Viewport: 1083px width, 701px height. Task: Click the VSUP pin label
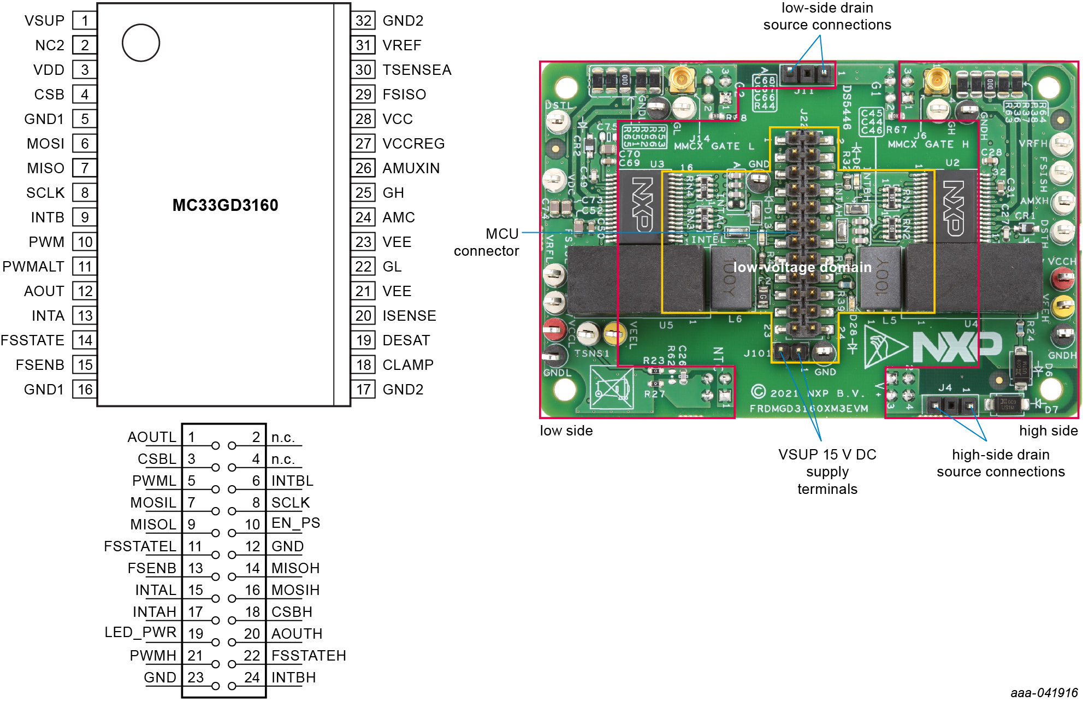[44, 21]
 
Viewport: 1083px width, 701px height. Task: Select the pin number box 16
[85, 390]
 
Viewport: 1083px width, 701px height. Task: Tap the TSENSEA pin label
[417, 70]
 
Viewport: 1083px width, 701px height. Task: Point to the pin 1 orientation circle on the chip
[141, 43]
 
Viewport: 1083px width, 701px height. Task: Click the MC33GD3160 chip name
[225, 205]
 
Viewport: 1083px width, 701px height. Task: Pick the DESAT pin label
[406, 340]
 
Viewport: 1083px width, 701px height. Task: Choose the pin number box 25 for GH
[364, 193]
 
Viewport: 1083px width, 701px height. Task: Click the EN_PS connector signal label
[295, 523]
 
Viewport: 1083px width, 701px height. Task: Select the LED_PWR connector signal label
[140, 632]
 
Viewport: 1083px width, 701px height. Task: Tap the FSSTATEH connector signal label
[309, 656]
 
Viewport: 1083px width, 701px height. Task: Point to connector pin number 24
[252, 678]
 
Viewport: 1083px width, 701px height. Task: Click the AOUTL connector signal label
[152, 437]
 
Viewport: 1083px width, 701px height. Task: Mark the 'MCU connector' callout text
[487, 242]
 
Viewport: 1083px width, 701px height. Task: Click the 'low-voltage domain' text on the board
[802, 267]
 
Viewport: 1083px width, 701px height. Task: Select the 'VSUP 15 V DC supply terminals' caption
[827, 472]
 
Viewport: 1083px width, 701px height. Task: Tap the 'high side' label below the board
[1048, 431]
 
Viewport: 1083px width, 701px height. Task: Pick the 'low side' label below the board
[566, 431]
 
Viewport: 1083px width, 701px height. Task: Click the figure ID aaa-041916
[1044, 693]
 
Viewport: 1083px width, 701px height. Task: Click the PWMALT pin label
[33, 267]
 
